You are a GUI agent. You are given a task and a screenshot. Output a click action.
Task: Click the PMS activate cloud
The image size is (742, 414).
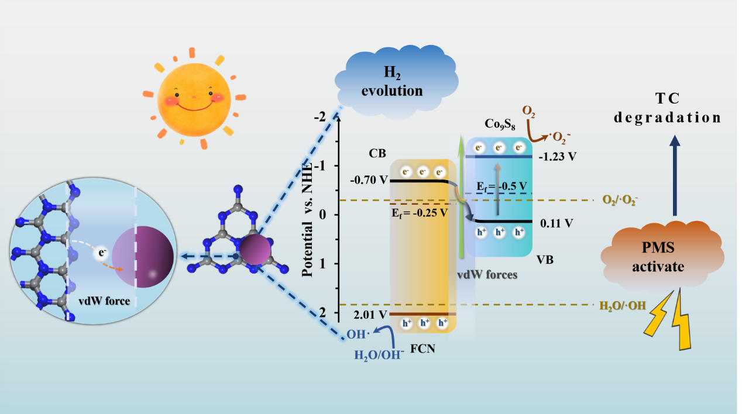[x=662, y=258]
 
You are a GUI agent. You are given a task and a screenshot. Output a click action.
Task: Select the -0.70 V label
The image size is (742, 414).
[x=367, y=181]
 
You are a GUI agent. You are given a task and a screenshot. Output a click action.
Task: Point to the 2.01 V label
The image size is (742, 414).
[x=370, y=315]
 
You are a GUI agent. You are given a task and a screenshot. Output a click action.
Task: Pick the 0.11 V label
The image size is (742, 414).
[x=556, y=222]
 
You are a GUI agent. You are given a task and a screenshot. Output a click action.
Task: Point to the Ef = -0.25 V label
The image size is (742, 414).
[x=420, y=212]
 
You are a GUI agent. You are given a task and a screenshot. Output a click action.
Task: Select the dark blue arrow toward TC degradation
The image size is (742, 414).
[x=675, y=175]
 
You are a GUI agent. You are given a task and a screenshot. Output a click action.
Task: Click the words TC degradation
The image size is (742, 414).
[x=667, y=108]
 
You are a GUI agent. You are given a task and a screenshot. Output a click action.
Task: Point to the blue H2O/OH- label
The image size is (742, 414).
[x=379, y=353]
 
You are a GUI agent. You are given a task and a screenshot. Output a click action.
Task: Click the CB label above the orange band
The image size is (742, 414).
[x=377, y=154]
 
